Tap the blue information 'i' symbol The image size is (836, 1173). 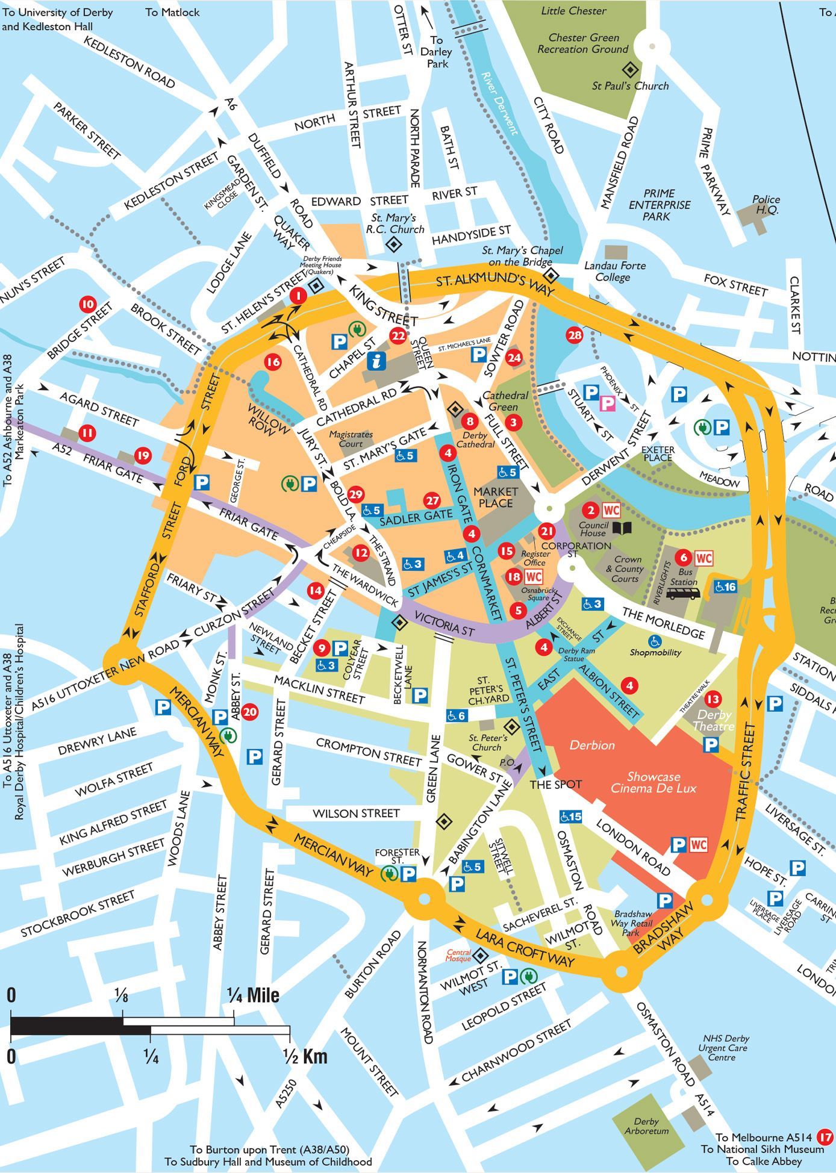pyautogui.click(x=376, y=361)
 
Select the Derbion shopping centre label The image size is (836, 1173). pyautogui.click(x=592, y=745)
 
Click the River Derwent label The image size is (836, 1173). pyautogui.click(x=499, y=103)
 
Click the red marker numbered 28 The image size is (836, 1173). pyautogui.click(x=575, y=335)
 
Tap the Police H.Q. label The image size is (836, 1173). pyautogui.click(x=766, y=205)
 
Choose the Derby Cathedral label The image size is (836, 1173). pyautogui.click(x=475, y=440)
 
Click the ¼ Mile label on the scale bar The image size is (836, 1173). pyautogui.click(x=253, y=995)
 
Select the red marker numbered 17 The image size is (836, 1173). pyautogui.click(x=826, y=1138)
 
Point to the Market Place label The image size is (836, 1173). pyautogui.click(x=496, y=497)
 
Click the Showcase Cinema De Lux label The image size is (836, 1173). pyautogui.click(x=653, y=782)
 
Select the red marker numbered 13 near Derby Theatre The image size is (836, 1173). pyautogui.click(x=713, y=699)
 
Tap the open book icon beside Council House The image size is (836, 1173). pyautogui.click(x=622, y=529)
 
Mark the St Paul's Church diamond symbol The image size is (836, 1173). pyautogui.click(x=629, y=68)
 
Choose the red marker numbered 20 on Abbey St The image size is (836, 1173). pyautogui.click(x=250, y=712)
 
